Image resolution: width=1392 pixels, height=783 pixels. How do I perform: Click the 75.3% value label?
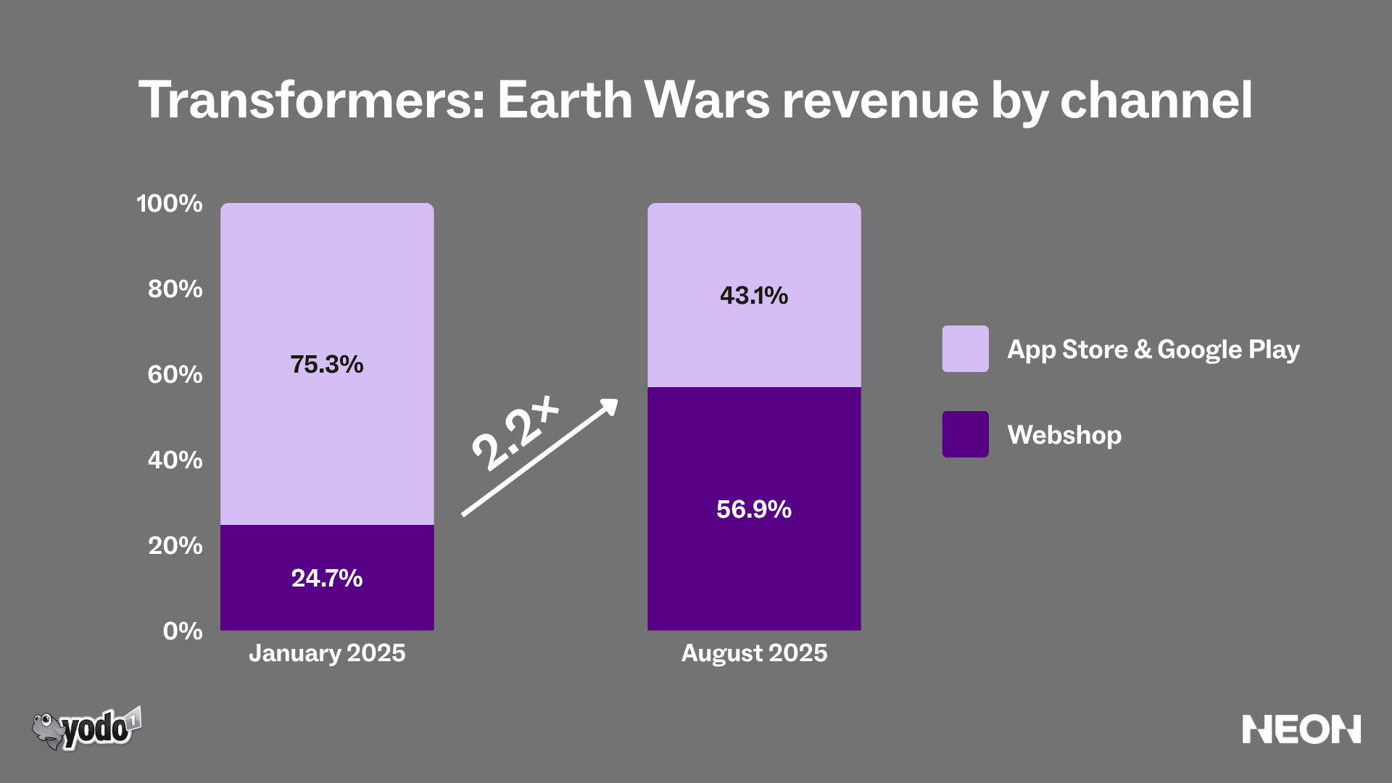[x=327, y=364]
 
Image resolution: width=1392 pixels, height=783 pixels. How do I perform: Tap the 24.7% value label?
[x=327, y=578]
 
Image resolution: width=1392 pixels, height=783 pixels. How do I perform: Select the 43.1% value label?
[x=754, y=295]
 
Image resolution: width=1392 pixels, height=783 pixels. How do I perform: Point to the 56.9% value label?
[x=754, y=509]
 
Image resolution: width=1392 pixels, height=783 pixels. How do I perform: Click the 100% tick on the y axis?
[x=170, y=203]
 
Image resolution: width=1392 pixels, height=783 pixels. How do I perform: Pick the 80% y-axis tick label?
[x=175, y=289]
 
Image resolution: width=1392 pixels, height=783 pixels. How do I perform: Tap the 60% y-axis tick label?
[x=175, y=374]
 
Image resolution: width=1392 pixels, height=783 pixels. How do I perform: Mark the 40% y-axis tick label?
[x=175, y=460]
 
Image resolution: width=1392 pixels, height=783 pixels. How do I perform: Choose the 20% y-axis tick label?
[x=175, y=545]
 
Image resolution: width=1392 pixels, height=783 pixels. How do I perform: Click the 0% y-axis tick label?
[x=183, y=631]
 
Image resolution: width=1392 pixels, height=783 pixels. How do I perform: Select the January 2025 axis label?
[x=327, y=653]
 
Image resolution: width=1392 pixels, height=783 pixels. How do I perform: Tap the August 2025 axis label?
[x=754, y=653]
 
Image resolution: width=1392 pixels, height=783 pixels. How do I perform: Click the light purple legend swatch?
[x=965, y=349]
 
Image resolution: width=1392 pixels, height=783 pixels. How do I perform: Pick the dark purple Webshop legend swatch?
[x=965, y=434]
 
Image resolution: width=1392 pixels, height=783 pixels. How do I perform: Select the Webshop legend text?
[x=1064, y=435]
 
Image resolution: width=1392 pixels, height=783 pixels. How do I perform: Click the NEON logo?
[x=1301, y=729]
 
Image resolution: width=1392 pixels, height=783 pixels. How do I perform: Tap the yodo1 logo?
[x=87, y=729]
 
